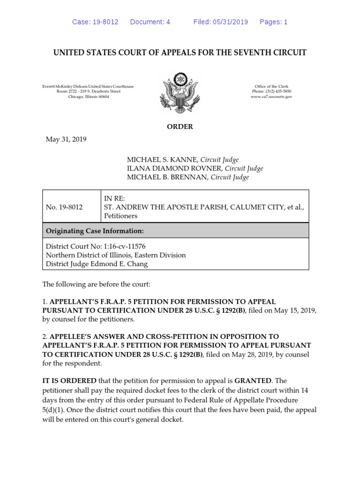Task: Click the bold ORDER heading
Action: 180,127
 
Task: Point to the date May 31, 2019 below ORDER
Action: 66,139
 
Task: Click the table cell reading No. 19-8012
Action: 64,207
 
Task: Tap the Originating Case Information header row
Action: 175,231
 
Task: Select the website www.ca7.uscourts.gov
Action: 271,96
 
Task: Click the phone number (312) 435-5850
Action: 279,91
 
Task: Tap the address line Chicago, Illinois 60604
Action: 89,96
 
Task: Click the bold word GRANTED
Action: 257,381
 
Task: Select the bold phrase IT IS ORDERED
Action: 69,381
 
